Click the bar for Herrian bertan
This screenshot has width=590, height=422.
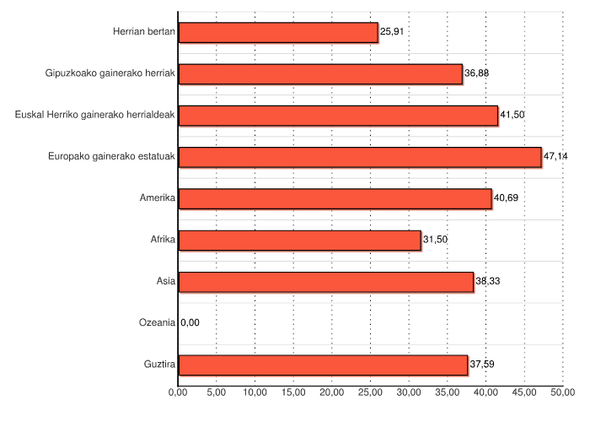tap(278, 33)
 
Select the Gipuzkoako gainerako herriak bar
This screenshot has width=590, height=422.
tap(320, 74)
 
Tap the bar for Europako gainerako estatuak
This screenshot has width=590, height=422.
tap(360, 157)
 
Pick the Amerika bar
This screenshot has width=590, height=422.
tap(335, 198)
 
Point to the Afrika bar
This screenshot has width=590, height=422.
tap(299, 241)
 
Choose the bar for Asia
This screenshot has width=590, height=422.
tap(326, 282)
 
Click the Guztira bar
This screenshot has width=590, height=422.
tap(323, 365)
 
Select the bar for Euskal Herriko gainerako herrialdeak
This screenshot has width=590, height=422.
tap(338, 116)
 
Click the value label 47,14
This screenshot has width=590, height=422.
tap(556, 157)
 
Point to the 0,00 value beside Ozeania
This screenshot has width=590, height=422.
tap(190, 322)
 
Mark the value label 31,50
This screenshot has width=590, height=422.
tap(435, 241)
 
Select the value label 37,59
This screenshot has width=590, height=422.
tap(482, 365)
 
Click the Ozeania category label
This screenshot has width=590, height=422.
tap(157, 322)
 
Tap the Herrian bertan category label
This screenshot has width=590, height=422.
tap(144, 32)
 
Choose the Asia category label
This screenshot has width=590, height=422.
tap(165, 281)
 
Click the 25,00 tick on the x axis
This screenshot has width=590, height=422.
tap(370, 392)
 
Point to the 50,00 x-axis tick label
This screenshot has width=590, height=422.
tap(562, 392)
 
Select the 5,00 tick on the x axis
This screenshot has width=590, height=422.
tap(216, 392)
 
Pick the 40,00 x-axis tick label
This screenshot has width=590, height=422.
tap(485, 392)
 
